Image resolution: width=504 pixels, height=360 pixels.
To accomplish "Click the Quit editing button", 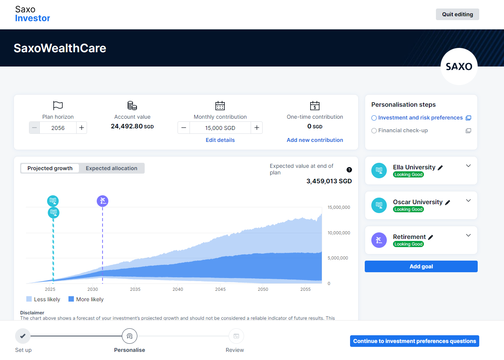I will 457,14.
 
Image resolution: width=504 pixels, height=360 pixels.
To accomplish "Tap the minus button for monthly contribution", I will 184,128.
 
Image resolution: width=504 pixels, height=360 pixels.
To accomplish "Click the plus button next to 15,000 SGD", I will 256,128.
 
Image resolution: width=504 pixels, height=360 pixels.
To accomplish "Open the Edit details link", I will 220,140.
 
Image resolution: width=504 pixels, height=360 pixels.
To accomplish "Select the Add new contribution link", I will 314,140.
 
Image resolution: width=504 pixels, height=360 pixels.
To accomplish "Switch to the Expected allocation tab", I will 111,168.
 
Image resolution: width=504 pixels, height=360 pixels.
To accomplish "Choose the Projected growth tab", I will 50,168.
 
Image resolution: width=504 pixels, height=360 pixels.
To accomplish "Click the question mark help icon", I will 349,170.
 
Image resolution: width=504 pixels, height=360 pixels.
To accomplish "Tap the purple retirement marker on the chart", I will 103,201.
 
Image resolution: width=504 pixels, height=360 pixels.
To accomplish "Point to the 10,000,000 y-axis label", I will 338,233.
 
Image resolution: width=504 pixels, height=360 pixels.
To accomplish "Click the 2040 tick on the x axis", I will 178,289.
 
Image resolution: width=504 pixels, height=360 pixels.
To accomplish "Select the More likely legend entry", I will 86,299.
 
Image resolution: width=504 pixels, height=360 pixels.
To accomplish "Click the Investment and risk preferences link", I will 420,118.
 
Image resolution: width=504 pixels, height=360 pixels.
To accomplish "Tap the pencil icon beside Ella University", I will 440,167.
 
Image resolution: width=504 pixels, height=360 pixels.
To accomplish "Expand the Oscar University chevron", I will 468,200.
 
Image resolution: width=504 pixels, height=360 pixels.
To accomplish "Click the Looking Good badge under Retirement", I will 408,244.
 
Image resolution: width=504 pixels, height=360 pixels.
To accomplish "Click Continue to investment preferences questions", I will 414,341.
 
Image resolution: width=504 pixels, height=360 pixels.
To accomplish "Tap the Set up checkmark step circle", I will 23,336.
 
